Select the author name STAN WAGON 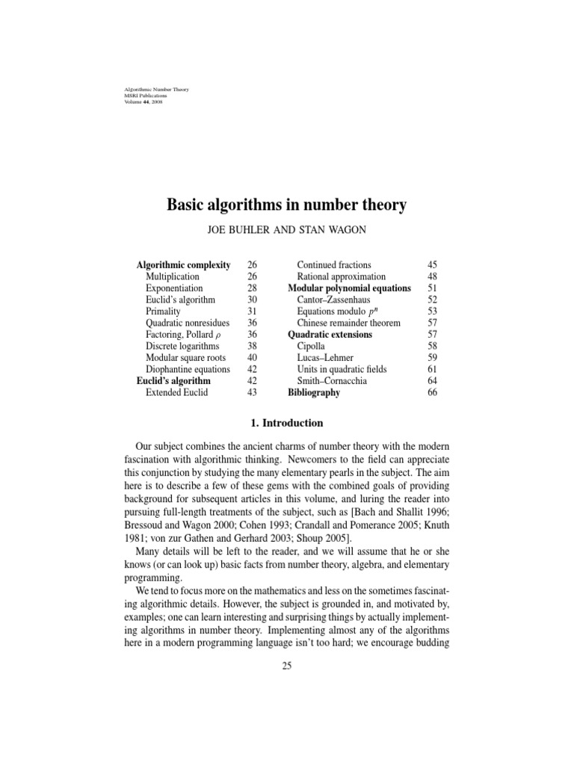[x=335, y=231]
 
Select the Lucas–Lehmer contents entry [x=326, y=358]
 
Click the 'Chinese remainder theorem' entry [x=348, y=323]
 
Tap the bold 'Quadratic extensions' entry [x=330, y=335]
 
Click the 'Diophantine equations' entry [x=186, y=369]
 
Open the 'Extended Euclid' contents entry [x=177, y=392]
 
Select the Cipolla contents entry [x=312, y=346]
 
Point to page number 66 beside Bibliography [x=432, y=392]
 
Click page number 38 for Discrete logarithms [x=251, y=346]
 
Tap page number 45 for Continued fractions [x=432, y=265]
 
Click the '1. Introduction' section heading [x=286, y=423]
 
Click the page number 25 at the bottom [x=286, y=666]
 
